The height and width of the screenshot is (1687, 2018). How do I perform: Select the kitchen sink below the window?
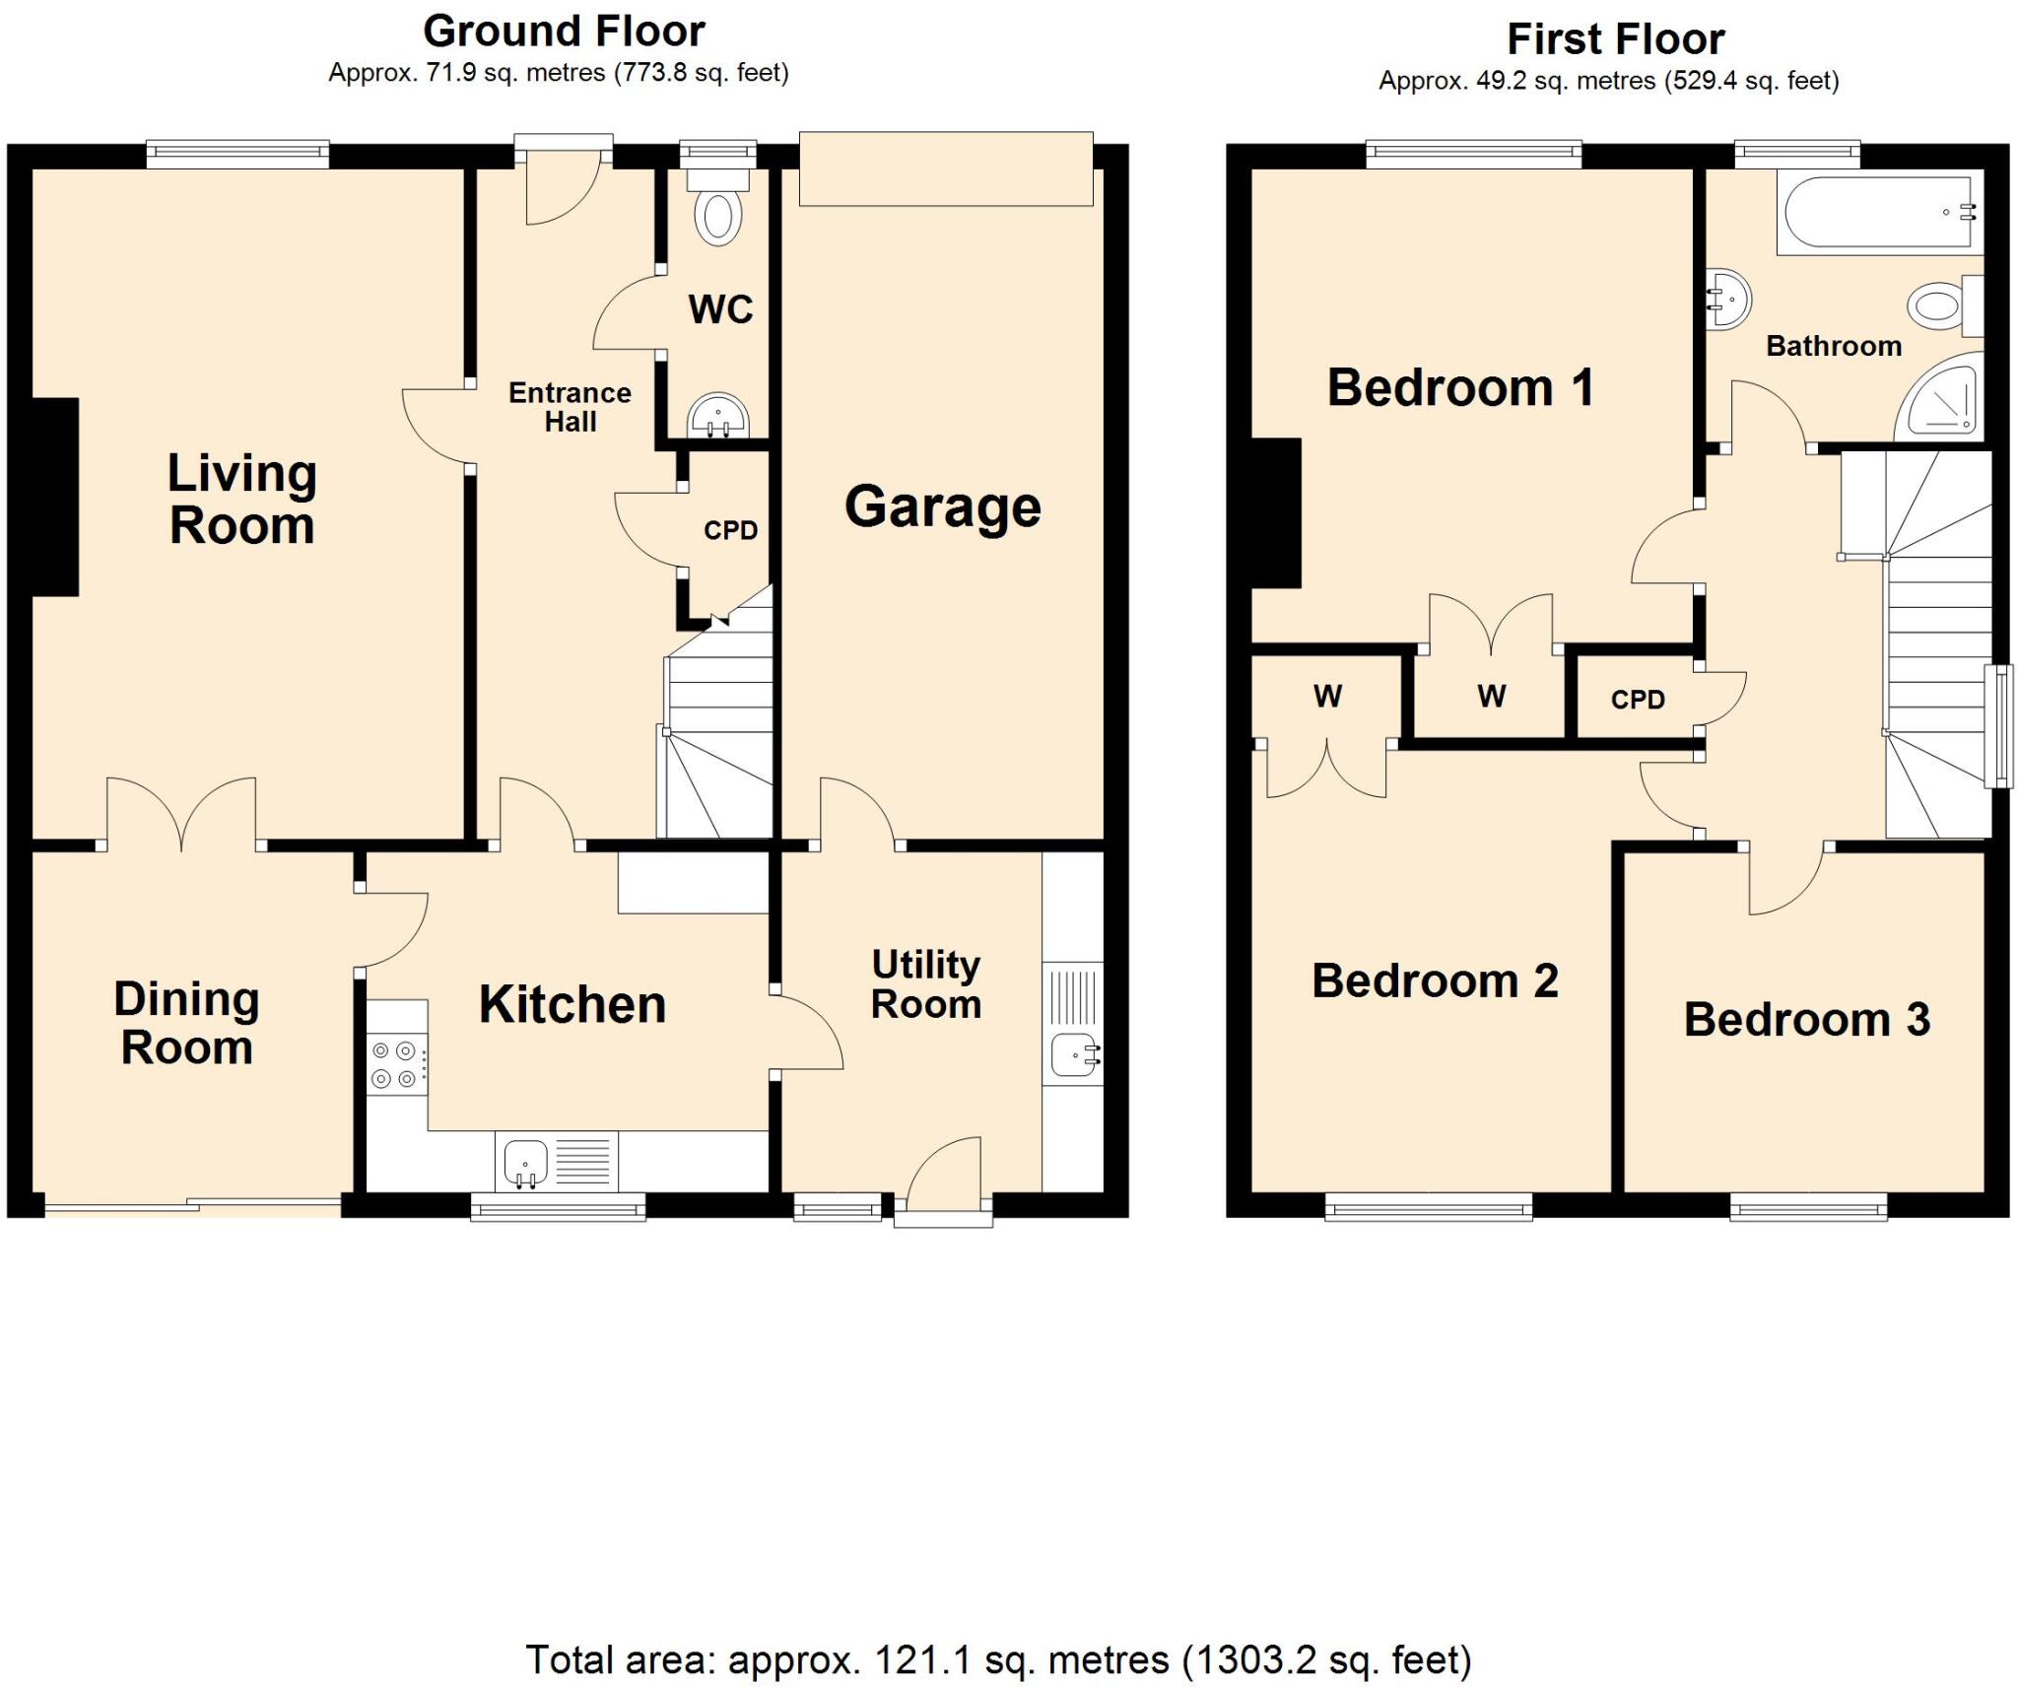(526, 1161)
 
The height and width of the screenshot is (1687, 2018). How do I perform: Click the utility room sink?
(1073, 1055)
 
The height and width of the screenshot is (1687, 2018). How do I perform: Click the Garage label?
(942, 507)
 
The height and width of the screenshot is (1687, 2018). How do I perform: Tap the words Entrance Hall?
(570, 407)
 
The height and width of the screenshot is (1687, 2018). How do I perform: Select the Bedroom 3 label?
(1805, 1019)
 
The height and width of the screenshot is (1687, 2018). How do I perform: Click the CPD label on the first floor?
(1637, 700)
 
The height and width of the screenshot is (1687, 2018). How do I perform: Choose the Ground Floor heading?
(564, 32)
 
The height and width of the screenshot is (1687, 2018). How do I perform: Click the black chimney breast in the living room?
(56, 497)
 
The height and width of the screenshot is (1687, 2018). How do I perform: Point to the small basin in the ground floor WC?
(718, 417)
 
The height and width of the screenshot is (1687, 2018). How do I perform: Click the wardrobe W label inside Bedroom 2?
(1326, 697)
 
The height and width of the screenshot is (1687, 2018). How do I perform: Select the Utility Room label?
(925, 983)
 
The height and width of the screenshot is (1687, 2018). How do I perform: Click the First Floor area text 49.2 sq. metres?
(1608, 81)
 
